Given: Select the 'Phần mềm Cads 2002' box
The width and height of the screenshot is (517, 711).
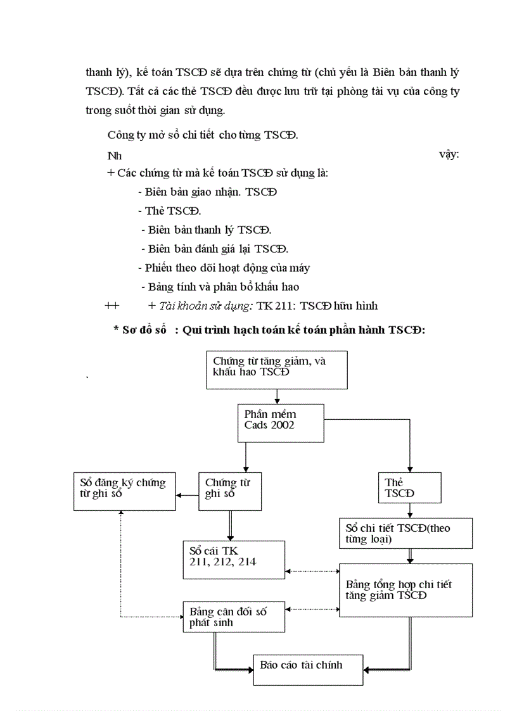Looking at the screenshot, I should pyautogui.click(x=281, y=422).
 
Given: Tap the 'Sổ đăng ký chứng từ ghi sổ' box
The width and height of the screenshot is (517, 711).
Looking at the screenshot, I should pyautogui.click(x=124, y=491).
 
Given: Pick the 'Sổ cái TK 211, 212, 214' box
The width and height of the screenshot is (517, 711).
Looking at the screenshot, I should pyautogui.click(x=234, y=560).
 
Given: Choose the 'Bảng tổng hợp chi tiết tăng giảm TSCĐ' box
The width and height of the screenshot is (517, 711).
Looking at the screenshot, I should pyautogui.click(x=406, y=590).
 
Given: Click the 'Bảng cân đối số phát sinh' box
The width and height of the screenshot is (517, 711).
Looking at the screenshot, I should pyautogui.click(x=234, y=617).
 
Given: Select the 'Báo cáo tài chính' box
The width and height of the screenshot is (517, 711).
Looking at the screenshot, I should pyautogui.click(x=309, y=667).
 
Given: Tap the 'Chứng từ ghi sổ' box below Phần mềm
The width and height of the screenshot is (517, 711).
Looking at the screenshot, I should pyautogui.click(x=229, y=491).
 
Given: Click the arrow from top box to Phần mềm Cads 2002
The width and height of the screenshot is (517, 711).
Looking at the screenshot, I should pyautogui.click(x=277, y=396).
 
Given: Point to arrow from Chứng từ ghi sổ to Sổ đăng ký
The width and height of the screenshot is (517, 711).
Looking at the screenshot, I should pyautogui.click(x=187, y=495).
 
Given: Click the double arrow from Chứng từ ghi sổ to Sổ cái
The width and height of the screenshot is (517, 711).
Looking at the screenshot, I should pyautogui.click(x=229, y=525).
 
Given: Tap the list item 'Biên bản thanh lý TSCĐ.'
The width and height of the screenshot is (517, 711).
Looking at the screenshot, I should pyautogui.click(x=207, y=230).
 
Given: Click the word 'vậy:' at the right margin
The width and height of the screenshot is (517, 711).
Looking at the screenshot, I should pyautogui.click(x=449, y=154).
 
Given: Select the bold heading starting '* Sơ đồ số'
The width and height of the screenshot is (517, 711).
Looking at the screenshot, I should pyautogui.click(x=269, y=330).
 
